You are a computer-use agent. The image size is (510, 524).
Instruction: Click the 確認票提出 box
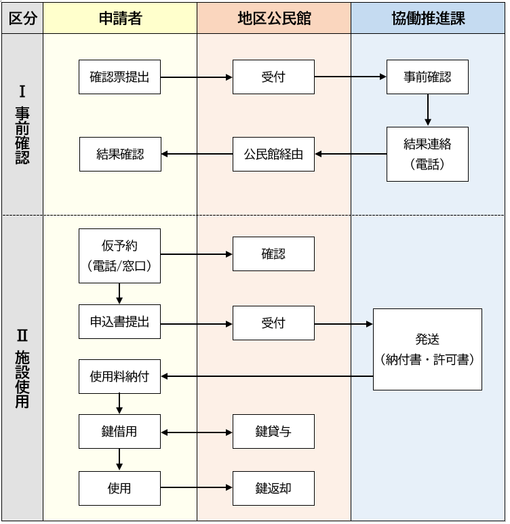pyautogui.click(x=119, y=77)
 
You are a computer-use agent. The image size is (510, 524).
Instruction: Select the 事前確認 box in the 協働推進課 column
pyautogui.click(x=427, y=77)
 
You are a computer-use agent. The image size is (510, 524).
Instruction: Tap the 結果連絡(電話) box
pyautogui.click(x=427, y=154)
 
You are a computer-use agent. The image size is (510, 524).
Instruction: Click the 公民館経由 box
pyautogui.click(x=273, y=154)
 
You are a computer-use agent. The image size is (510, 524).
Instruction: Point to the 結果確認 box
pyautogui.click(x=120, y=154)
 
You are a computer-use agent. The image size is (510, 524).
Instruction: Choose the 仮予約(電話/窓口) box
pyautogui.click(x=119, y=256)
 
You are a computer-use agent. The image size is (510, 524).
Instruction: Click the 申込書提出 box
pyautogui.click(x=119, y=322)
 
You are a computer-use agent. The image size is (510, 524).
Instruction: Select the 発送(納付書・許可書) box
pyautogui.click(x=427, y=349)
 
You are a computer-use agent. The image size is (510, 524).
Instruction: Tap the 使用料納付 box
pyautogui.click(x=119, y=376)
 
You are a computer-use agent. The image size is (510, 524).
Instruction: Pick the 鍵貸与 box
pyautogui.click(x=273, y=432)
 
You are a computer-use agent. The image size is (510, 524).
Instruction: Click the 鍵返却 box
pyautogui.click(x=273, y=488)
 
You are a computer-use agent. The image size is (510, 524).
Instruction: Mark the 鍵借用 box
pyautogui.click(x=119, y=432)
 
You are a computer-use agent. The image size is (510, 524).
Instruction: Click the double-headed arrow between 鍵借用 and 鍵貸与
pyautogui.click(x=197, y=432)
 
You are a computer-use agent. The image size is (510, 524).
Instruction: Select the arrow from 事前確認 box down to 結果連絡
pyautogui.click(x=427, y=110)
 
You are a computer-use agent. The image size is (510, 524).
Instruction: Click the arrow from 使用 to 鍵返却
pyautogui.click(x=197, y=488)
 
